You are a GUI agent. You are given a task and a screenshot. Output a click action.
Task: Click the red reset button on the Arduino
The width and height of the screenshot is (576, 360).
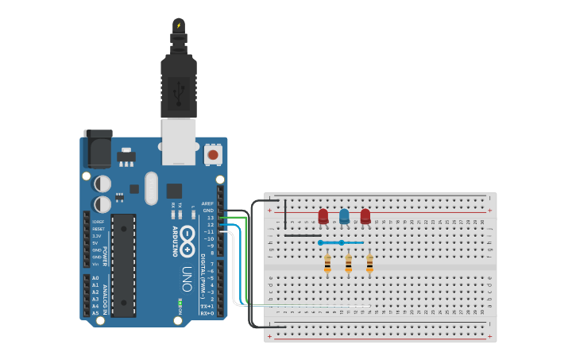click(213, 154)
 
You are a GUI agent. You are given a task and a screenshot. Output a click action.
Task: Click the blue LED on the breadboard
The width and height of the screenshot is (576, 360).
click(344, 216)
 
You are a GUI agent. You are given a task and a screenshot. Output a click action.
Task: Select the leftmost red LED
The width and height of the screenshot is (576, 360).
click(323, 216)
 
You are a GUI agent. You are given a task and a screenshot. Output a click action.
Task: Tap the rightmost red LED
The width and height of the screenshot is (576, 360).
click(365, 216)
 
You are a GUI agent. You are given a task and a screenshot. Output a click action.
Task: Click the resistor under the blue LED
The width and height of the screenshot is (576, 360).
click(348, 263)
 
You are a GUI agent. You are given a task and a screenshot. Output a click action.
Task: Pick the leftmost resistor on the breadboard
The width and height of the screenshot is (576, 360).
click(327, 263)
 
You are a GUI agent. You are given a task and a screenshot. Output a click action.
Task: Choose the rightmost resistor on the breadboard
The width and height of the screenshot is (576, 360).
click(369, 263)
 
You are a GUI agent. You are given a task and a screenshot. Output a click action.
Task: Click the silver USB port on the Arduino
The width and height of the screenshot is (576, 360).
click(179, 141)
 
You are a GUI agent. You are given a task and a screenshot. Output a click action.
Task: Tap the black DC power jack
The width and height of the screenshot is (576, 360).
click(97, 148)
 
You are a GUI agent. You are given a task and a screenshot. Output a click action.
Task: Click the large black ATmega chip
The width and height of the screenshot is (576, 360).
click(123, 265)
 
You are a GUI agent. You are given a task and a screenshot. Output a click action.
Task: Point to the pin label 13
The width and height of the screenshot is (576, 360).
click(211, 217)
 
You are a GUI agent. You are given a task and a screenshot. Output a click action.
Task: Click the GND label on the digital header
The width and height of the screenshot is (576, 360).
click(208, 211)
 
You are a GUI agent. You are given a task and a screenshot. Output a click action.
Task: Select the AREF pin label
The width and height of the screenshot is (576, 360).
click(207, 203)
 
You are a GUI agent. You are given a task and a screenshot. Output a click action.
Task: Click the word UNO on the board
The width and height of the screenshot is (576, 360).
click(187, 278)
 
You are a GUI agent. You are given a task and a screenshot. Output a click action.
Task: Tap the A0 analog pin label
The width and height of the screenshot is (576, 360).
click(95, 278)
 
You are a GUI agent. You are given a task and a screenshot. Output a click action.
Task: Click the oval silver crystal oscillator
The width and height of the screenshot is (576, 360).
click(151, 188)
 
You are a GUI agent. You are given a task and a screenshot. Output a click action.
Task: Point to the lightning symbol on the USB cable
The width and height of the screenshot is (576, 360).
click(179, 25)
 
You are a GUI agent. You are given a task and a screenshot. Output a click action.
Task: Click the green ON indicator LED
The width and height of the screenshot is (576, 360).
click(180, 303)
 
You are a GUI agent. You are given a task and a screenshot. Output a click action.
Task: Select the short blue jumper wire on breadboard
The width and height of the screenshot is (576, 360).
click(342, 242)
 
